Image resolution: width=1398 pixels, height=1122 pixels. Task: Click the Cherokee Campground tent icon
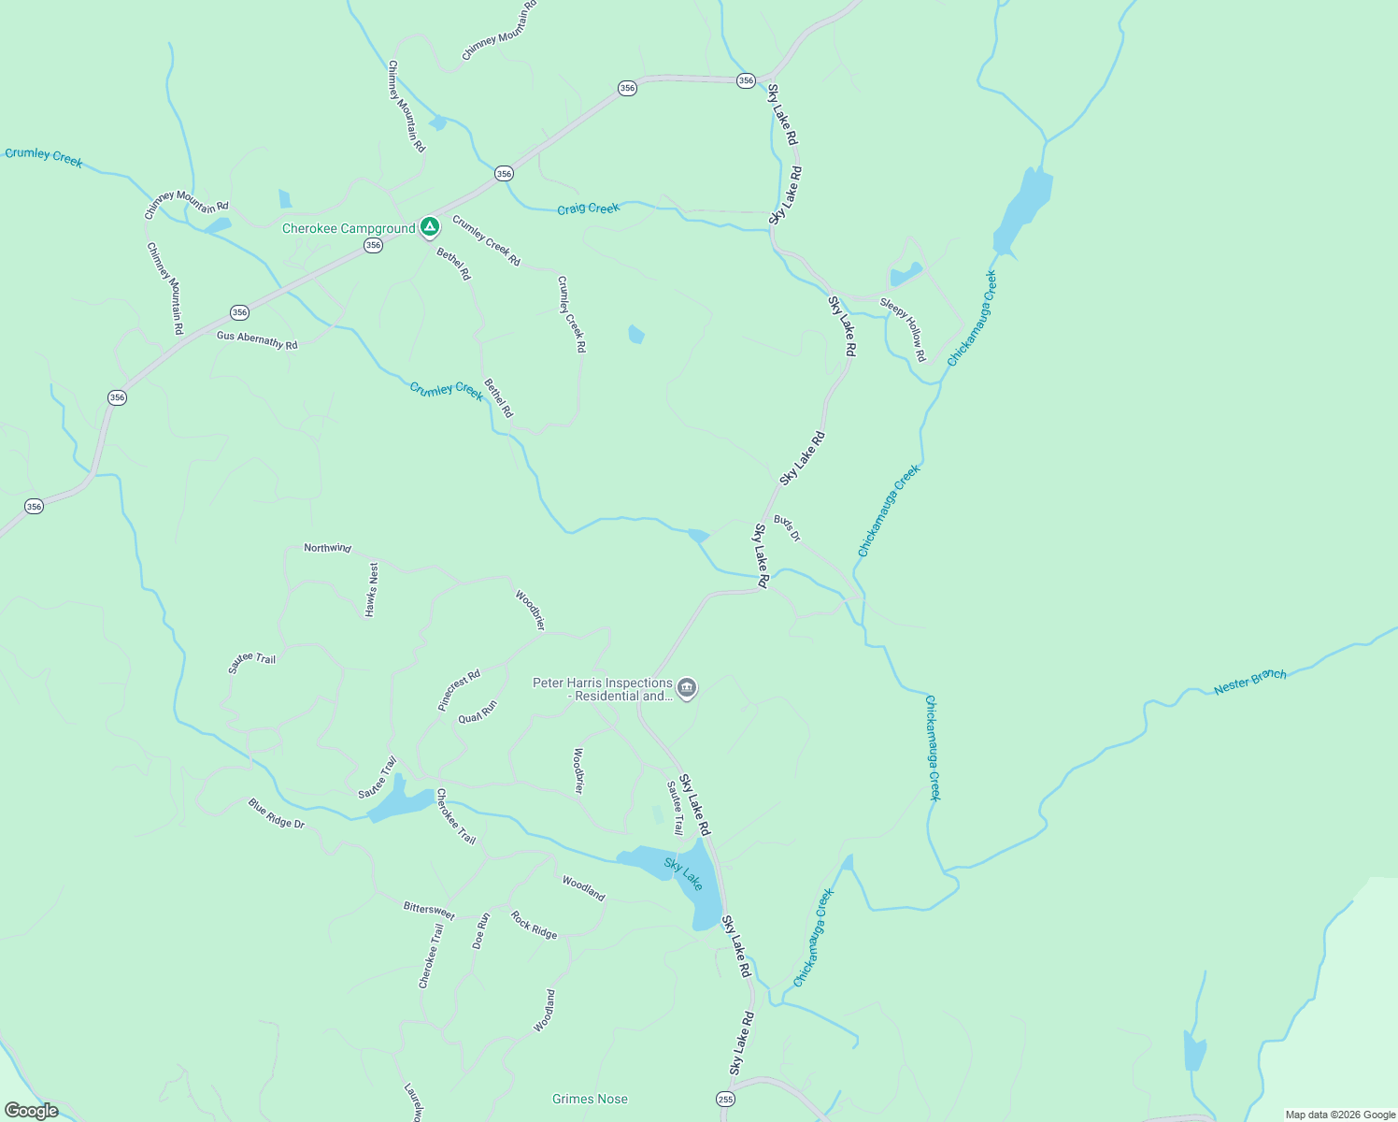429,226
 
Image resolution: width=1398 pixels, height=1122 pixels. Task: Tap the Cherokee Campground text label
349,229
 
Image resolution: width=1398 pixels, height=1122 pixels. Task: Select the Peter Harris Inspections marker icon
687,689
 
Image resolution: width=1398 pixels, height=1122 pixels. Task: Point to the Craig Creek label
588,209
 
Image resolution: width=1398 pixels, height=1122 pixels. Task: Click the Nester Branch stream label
1249,682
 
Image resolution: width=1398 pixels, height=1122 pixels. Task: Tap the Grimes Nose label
590,1099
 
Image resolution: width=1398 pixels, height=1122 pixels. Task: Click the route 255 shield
726,1099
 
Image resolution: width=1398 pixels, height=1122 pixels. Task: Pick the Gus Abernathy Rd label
257,340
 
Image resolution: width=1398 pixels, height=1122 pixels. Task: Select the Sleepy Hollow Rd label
903,329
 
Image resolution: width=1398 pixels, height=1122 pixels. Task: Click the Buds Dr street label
787,528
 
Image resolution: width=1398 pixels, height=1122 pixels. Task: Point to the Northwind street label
327,548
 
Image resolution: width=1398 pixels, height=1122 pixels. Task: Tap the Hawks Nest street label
372,589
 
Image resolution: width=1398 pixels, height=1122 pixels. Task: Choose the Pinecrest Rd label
459,690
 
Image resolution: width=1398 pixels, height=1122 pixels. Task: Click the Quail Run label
478,712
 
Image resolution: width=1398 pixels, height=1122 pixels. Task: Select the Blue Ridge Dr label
277,813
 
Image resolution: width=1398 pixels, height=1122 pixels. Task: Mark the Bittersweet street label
429,910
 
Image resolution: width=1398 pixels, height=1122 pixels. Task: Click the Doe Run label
481,931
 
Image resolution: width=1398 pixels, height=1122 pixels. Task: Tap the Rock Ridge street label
534,926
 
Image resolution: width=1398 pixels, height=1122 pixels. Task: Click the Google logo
31,1111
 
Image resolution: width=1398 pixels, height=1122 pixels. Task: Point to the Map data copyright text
1340,1115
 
